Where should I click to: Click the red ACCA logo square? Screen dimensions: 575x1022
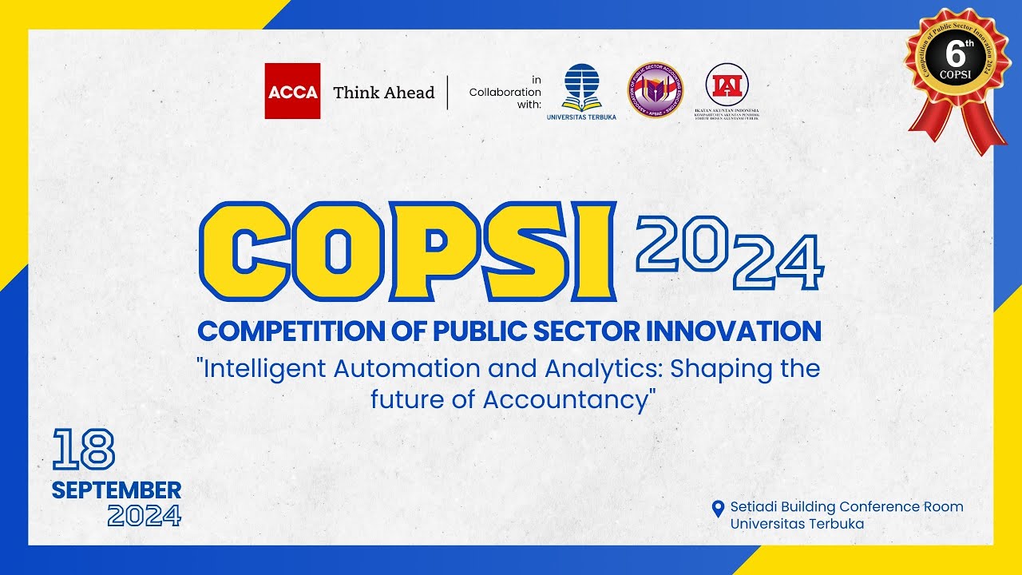coord(292,91)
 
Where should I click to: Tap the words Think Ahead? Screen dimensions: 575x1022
coord(383,93)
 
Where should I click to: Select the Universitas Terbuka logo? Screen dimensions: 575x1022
coord(581,89)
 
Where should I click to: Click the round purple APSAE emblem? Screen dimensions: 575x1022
coord(655,90)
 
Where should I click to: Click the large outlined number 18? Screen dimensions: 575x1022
coord(84,449)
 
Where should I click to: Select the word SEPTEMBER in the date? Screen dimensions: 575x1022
coord(117,490)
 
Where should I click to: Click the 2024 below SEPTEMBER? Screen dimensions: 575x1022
coord(144,516)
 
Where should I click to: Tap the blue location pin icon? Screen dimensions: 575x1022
coord(718,508)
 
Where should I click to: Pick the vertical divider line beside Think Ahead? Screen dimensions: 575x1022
coord(447,93)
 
